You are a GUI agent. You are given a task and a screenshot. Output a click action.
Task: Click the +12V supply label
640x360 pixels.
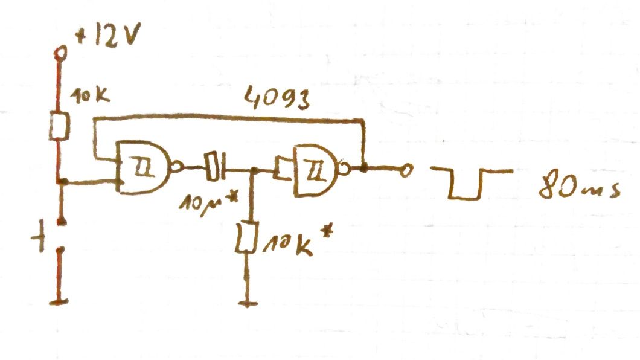109,36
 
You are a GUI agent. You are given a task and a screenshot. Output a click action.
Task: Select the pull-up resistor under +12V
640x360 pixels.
60,126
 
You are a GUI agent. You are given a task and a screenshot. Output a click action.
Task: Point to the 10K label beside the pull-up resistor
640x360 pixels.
90,96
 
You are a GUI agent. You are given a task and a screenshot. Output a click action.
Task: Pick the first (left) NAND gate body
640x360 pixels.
143,167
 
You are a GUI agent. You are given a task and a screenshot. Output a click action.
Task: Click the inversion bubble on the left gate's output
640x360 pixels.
177,167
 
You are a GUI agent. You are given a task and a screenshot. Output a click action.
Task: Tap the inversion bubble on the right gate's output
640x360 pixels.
345,169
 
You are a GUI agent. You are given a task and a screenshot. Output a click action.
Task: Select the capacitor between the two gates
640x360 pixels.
215,166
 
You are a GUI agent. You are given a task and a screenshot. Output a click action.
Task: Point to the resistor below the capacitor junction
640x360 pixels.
247,237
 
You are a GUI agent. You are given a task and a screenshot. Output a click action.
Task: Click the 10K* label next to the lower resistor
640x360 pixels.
298,242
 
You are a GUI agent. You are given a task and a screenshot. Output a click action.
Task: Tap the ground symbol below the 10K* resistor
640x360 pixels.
248,303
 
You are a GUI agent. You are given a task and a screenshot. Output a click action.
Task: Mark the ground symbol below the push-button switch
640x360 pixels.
59,303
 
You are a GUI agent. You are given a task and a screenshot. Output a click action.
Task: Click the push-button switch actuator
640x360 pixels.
39,236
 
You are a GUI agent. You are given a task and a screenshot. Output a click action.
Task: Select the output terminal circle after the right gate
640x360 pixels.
406,170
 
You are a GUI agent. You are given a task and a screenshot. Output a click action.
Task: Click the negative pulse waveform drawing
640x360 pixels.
472,184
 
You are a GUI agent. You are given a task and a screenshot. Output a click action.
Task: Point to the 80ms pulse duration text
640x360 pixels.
580,187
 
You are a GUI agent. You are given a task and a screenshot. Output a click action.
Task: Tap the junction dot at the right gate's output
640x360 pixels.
363,168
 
